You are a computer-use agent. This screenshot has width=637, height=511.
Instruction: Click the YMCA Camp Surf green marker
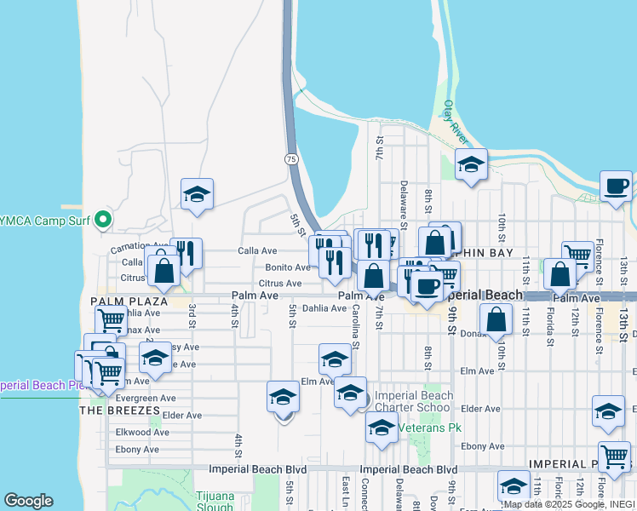pos(104,220)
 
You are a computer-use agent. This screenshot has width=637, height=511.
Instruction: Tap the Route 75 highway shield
pos(291,159)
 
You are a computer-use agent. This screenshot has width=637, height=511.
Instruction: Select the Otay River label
pos(456,122)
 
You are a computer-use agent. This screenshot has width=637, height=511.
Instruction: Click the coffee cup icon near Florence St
pos(616,186)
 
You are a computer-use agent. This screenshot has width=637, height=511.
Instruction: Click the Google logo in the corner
pos(28,501)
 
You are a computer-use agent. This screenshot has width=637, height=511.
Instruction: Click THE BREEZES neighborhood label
pos(120,411)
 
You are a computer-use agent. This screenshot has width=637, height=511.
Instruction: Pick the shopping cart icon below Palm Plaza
pos(111,320)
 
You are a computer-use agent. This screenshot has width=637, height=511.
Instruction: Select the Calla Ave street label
pos(257,251)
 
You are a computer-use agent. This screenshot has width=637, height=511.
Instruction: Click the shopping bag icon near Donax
pos(496,320)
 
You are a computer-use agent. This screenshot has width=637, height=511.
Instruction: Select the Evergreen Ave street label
pos(146,398)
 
